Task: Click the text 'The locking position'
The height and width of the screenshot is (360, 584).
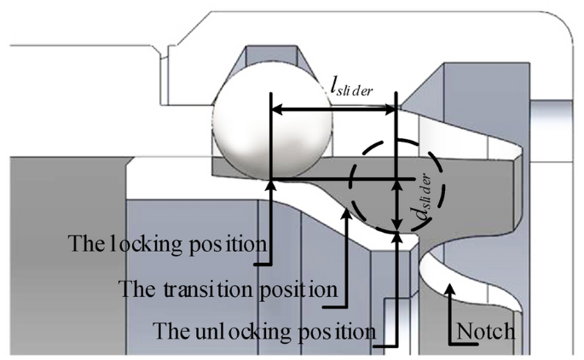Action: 166,243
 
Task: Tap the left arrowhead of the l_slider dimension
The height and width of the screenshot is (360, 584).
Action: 277,108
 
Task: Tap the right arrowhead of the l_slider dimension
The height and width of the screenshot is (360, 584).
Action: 391,108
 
